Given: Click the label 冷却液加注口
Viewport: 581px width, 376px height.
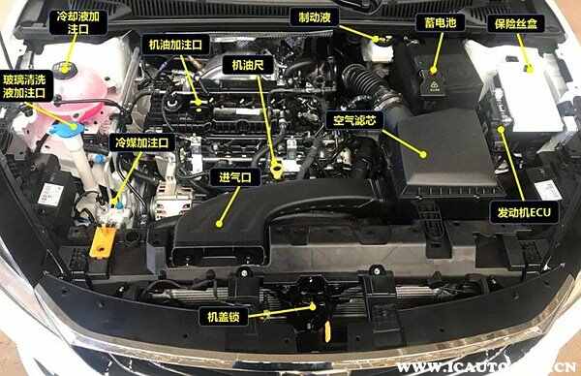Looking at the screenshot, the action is click(x=78, y=22).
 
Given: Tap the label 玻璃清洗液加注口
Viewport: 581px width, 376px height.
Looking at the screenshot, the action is click(x=24, y=86).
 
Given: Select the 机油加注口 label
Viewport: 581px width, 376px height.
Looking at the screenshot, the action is click(x=175, y=45).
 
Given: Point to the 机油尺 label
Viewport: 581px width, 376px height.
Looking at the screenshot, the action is click(x=248, y=65).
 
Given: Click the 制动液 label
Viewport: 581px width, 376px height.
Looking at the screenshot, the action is click(x=314, y=17).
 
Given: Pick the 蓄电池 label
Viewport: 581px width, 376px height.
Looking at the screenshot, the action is click(x=441, y=23).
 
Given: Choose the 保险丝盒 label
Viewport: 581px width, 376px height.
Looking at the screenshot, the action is click(x=515, y=23).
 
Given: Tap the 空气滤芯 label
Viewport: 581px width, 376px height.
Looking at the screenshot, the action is click(x=354, y=120).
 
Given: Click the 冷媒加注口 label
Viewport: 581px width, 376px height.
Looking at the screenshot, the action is click(x=142, y=142).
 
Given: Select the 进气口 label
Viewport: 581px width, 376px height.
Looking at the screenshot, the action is click(x=235, y=177).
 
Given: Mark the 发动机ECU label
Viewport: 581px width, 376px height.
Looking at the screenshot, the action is click(x=524, y=213).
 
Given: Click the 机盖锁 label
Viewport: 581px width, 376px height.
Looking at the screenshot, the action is click(x=223, y=316).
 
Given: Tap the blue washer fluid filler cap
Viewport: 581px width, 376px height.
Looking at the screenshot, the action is click(x=66, y=128).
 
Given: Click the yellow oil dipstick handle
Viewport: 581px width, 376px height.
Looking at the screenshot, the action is click(x=277, y=170).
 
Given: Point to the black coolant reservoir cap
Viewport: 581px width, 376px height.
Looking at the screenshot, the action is click(x=64, y=68).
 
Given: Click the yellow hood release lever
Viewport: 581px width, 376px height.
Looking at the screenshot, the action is click(x=327, y=331).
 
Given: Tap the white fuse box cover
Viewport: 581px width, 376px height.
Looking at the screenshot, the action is click(x=529, y=95).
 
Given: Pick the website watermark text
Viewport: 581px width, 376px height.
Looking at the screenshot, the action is click(x=486, y=367).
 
